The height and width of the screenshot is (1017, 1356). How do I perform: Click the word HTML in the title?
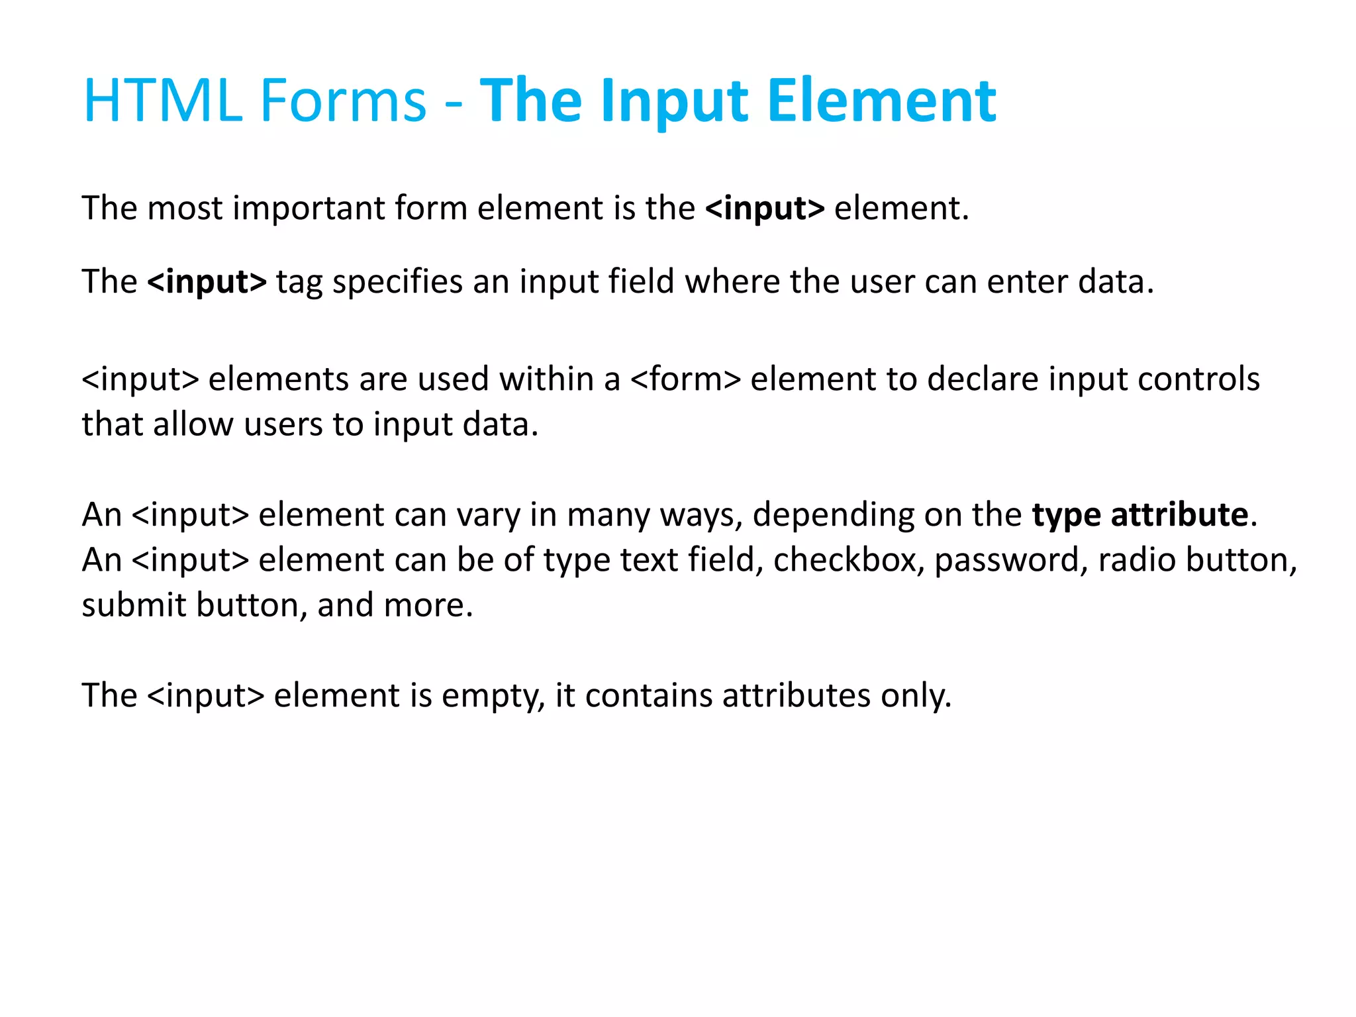[x=162, y=101]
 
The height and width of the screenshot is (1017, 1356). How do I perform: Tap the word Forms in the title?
[x=343, y=101]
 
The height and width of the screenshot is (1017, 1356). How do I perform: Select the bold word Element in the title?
[x=881, y=101]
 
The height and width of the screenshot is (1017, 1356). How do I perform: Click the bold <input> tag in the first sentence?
[x=765, y=209]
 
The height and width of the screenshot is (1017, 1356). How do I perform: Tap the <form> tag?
[x=685, y=379]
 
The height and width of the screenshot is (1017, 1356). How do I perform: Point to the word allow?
[x=193, y=424]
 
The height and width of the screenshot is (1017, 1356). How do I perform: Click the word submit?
[x=134, y=605]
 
